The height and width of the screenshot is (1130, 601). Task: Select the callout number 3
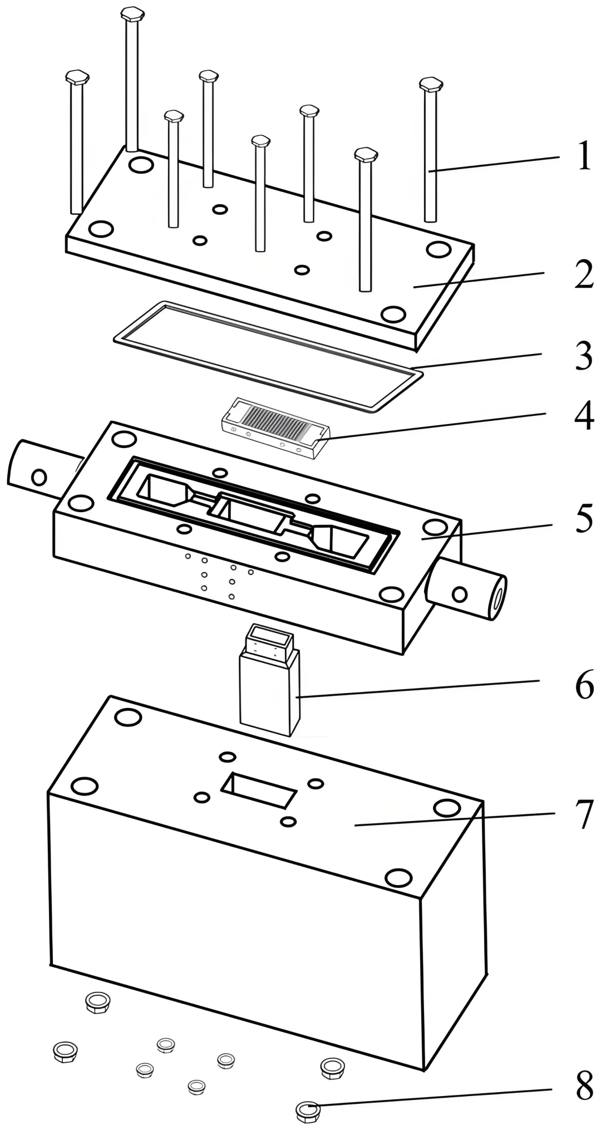583,356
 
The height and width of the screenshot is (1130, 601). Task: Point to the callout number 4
583,415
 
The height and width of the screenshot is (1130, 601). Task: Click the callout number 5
583,519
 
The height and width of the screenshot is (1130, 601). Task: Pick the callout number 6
583,686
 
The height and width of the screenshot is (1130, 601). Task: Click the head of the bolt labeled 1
431,85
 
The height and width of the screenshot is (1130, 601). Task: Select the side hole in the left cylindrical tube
39,476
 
